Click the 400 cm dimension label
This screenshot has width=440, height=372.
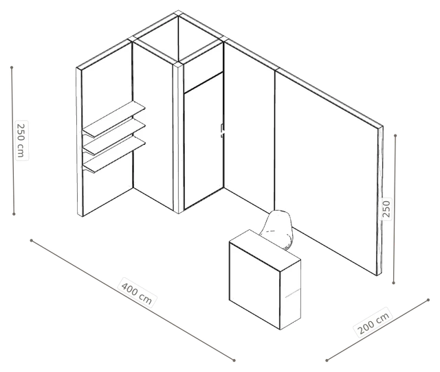tap(137, 292)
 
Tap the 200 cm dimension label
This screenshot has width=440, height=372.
tap(374, 323)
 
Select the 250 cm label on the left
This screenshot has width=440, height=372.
tap(21, 140)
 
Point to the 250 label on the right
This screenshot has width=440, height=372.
tap(386, 209)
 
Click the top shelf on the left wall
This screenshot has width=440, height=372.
tap(113, 119)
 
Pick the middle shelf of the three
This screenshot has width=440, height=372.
tap(113, 137)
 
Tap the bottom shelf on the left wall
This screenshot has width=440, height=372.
tap(113, 154)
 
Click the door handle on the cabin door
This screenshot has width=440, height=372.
tap(222, 130)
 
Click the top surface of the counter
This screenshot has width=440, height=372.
tap(265, 250)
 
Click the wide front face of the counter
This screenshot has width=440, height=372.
tap(255, 286)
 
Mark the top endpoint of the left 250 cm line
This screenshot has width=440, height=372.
tap(12, 67)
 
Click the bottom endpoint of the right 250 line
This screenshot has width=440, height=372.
tap(393, 283)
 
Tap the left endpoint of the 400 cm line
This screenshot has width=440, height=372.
tap(32, 240)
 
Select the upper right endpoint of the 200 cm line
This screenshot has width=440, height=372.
tap(428, 300)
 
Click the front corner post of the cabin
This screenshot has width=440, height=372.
tap(178, 138)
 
